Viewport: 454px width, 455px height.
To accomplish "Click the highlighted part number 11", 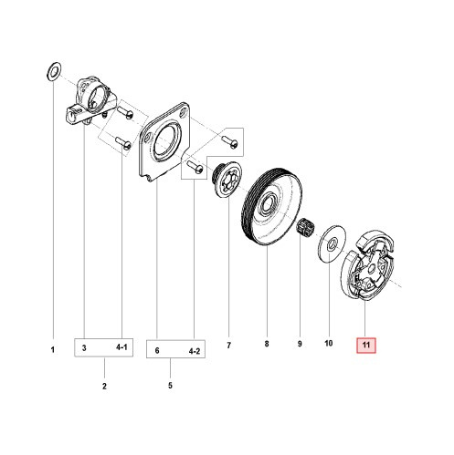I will pos(365,346).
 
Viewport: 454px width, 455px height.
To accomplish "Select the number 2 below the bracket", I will pos(105,386).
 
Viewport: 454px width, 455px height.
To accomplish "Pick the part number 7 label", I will pos(228,346).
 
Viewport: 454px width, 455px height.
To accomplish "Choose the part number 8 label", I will pos(266,346).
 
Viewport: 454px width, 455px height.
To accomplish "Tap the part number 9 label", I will pos(298,346).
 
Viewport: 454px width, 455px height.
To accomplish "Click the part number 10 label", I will pos(329,346).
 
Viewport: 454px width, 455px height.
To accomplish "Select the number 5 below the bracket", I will pos(171,386).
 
